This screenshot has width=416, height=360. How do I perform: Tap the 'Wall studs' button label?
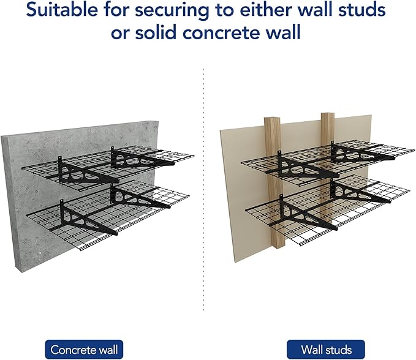[326, 350]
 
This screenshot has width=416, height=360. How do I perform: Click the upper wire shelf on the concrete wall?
[147, 160]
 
